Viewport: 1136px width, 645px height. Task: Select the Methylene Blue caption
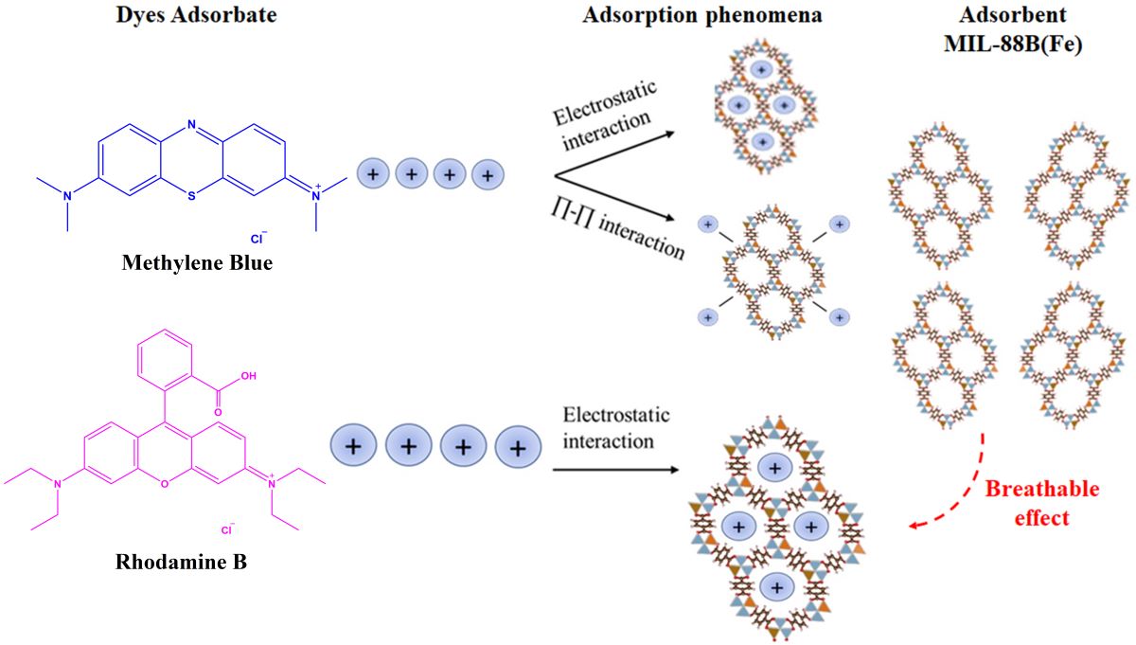click(x=197, y=262)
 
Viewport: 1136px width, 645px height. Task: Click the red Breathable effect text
click(x=1041, y=503)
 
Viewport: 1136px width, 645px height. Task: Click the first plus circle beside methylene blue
click(x=373, y=174)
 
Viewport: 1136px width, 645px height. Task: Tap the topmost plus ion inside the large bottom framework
click(x=776, y=467)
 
